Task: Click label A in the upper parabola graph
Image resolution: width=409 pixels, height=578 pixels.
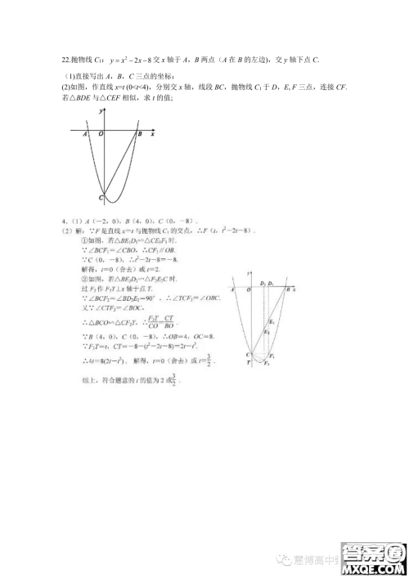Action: pos(86,134)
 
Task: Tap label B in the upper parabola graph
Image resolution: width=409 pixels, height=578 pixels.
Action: pos(140,134)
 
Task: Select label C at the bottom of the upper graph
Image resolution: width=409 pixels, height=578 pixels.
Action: pos(100,198)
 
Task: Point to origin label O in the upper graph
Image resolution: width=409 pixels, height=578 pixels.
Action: pos(101,134)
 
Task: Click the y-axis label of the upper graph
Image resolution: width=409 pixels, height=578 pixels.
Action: pos(99,110)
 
